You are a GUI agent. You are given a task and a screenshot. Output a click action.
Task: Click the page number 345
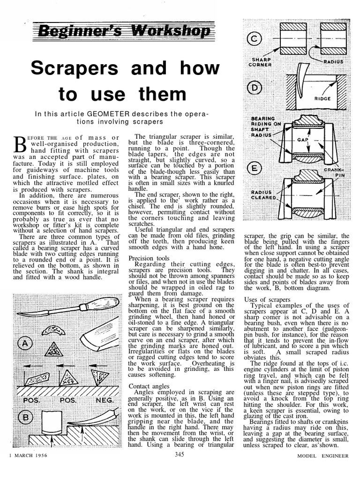coord(180,454)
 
